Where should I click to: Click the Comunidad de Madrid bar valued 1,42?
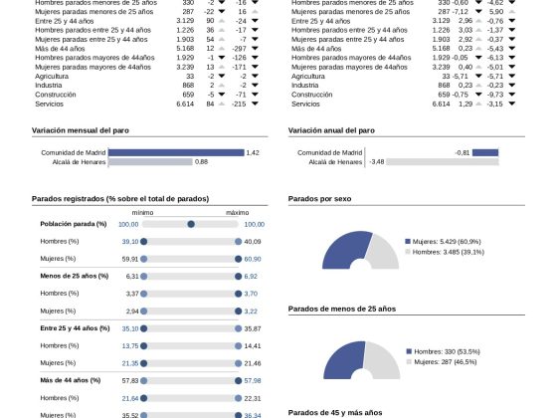coord(176,152)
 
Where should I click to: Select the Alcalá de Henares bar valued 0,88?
coord(150,162)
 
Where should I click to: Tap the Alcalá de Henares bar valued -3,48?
coord(443,162)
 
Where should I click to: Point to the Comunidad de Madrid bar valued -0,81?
coord(485,152)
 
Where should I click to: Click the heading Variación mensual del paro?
coord(81,130)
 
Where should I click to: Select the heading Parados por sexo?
coord(319,199)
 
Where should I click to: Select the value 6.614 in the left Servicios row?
coord(185,104)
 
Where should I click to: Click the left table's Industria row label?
coord(49,86)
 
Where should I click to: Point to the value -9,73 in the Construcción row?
coord(495,95)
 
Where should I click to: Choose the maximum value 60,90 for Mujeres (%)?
coord(253,259)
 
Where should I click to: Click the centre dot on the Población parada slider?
coord(191,224)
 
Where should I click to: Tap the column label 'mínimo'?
coord(143,213)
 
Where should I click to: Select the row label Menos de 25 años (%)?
coord(75,276)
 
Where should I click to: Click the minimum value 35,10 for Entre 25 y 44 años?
coord(130,328)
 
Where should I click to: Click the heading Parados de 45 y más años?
coord(335,413)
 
